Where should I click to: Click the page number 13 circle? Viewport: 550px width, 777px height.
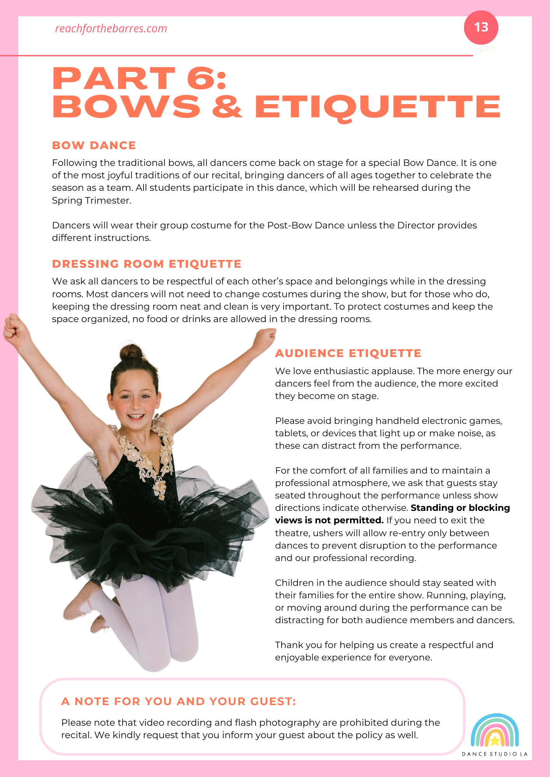click(x=481, y=27)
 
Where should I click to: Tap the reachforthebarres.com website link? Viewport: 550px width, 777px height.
click(x=111, y=29)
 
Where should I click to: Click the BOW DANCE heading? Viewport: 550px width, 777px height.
click(x=94, y=145)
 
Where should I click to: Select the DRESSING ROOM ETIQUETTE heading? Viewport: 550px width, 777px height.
click(x=147, y=264)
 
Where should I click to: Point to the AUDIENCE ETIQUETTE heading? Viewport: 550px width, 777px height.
click(x=348, y=353)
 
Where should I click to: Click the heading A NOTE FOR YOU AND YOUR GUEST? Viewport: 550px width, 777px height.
click(x=179, y=701)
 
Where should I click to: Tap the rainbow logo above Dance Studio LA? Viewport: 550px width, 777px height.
click(x=494, y=731)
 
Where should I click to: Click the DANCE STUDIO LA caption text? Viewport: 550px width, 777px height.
click(x=494, y=754)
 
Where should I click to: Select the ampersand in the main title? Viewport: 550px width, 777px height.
click(x=227, y=106)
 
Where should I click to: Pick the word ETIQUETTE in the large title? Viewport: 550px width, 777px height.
click(x=377, y=107)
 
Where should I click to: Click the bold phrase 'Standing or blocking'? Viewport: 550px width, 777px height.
click(x=460, y=508)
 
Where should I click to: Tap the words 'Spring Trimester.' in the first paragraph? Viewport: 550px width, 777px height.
click(x=92, y=200)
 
